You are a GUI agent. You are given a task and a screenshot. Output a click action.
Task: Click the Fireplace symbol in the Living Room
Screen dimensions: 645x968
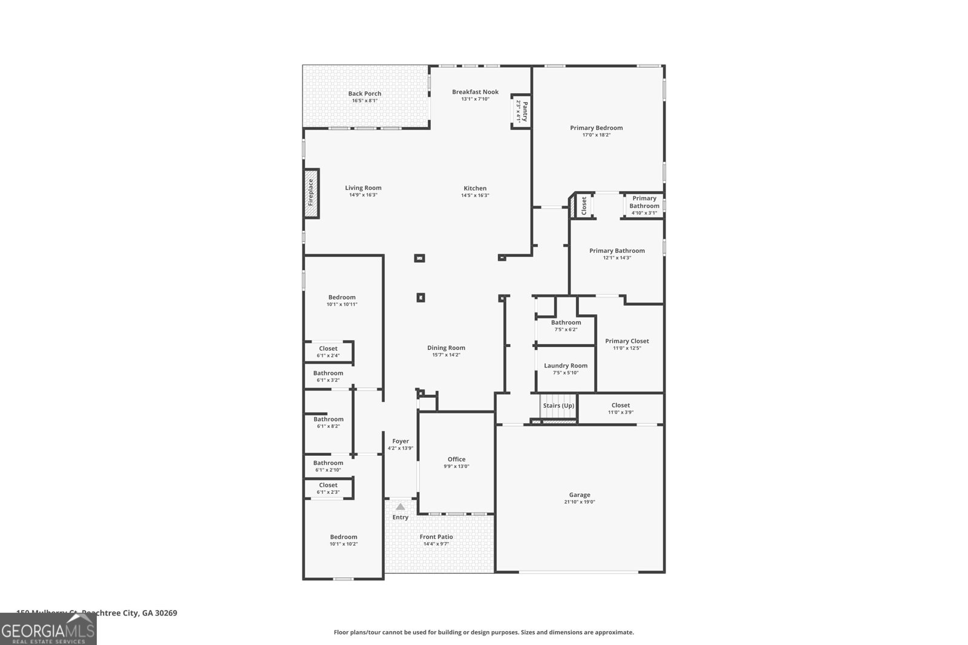(311, 193)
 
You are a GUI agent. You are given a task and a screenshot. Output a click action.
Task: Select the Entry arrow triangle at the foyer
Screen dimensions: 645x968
(401, 507)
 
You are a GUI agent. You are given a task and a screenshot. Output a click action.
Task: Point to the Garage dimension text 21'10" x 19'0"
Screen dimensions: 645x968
(580, 502)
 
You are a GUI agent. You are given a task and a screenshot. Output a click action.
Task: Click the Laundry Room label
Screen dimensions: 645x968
(566, 366)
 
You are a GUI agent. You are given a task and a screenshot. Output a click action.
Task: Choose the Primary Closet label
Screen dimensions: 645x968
(627, 341)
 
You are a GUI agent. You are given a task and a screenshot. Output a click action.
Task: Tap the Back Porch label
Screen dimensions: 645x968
(365, 94)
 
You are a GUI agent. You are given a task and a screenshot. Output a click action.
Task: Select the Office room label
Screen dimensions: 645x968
(457, 459)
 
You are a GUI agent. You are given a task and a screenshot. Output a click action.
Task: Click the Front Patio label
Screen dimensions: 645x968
(436, 537)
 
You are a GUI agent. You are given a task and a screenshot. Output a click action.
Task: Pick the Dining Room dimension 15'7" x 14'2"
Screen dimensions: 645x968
(446, 355)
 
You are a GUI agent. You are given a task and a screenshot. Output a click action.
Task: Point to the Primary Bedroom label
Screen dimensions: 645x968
(596, 128)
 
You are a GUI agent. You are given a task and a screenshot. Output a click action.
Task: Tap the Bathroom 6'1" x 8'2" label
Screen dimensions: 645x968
(328, 419)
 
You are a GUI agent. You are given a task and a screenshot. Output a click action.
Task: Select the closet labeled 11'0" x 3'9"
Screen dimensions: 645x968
(621, 406)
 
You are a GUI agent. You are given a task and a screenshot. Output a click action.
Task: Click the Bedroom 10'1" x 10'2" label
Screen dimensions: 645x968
(343, 537)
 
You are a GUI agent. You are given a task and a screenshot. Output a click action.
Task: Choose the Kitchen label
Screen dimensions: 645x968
(475, 188)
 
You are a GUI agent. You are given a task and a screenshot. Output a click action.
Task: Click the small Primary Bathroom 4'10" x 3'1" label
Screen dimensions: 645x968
(644, 202)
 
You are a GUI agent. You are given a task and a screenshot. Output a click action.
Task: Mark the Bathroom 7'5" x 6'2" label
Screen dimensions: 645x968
(566, 322)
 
